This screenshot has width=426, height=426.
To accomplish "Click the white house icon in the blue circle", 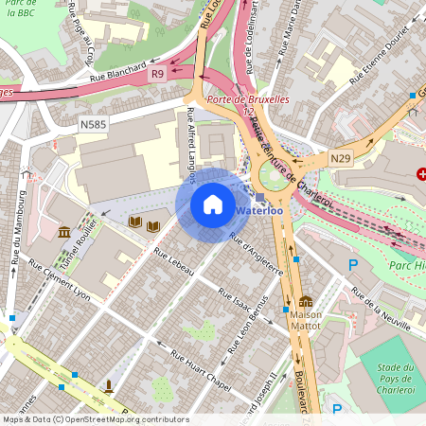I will [x=213, y=204].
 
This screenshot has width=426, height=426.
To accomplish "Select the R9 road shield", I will [x=157, y=74].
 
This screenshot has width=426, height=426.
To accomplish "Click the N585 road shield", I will [x=93, y=124].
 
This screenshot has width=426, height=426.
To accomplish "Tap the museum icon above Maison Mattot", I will [x=306, y=300].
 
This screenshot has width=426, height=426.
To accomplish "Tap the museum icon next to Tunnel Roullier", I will [x=64, y=233].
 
